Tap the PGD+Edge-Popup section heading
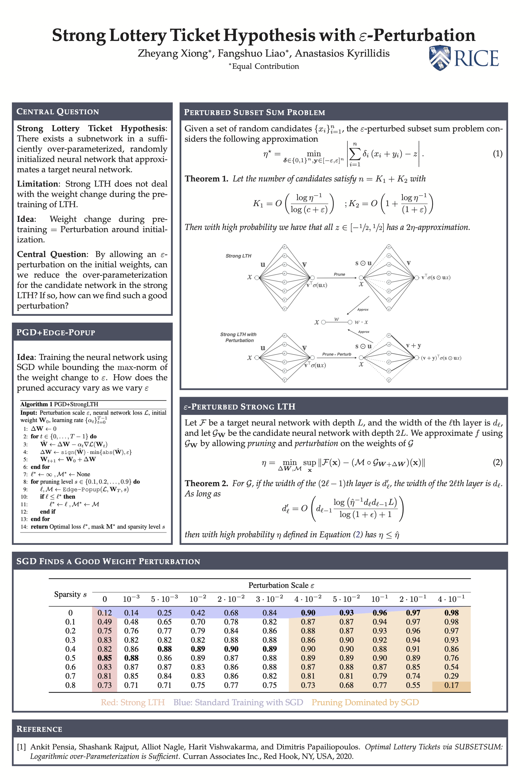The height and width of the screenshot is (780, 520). click(56, 332)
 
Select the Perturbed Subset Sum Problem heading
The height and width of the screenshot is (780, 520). click(254, 112)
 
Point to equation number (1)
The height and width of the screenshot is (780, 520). click(497, 154)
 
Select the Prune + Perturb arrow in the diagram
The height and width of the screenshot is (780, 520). click(336, 357)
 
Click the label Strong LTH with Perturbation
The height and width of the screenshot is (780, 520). click(238, 337)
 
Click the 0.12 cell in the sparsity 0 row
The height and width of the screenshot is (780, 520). click(105, 613)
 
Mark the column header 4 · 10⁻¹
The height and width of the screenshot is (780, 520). click(451, 599)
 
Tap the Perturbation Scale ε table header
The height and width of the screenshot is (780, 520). click(281, 585)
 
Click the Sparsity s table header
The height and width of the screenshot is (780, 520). click(70, 594)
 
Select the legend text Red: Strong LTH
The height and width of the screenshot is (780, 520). click(133, 702)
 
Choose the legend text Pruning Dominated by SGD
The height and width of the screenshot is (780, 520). click(365, 702)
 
